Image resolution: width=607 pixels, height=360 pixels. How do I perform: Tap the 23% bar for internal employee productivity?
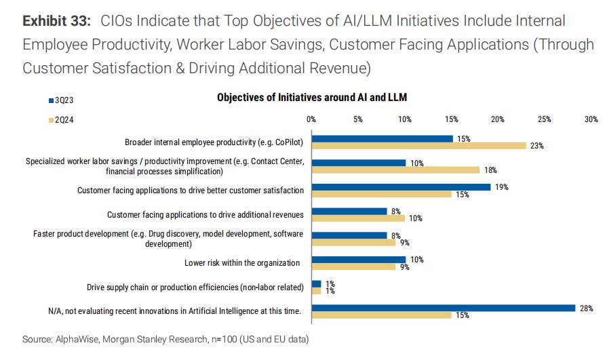[x=418, y=145]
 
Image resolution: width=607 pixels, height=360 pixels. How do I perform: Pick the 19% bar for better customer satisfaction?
[x=401, y=186]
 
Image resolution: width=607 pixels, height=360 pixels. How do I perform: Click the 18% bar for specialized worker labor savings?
[x=395, y=169]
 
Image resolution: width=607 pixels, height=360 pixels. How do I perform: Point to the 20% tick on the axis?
[x=497, y=119]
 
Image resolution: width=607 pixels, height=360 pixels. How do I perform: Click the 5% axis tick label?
[x=357, y=119]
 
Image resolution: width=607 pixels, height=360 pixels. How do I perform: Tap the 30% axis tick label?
[x=591, y=119]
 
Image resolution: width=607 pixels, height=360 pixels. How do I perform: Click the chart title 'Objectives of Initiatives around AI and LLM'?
[x=311, y=98]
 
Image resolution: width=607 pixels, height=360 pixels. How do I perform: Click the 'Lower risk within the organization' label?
[x=242, y=262]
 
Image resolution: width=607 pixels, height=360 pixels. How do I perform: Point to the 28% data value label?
[x=584, y=308]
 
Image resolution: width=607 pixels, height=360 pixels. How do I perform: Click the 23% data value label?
[x=537, y=146]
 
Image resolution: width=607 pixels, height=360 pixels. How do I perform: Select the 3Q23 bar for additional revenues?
[x=349, y=211]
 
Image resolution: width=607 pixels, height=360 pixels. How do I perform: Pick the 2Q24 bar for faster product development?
[x=353, y=242]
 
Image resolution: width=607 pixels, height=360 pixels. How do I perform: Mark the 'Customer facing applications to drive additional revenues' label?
[x=205, y=215]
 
